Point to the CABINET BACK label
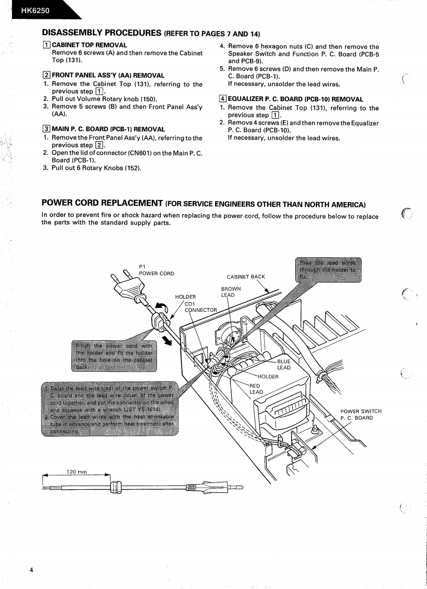[x=245, y=277]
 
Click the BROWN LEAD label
[x=231, y=292]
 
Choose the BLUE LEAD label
[x=283, y=364]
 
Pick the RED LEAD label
[x=256, y=388]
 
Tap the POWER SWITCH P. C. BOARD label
[x=361, y=414]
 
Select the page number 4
[x=31, y=570]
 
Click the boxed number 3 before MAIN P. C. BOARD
[x=46, y=129]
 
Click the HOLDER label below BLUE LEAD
[x=268, y=376]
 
